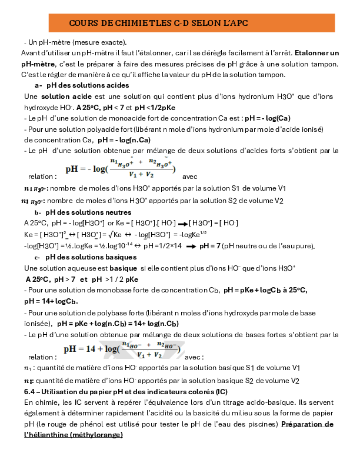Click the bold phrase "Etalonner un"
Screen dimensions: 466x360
point(317,53)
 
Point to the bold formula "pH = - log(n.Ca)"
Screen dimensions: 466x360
point(124,139)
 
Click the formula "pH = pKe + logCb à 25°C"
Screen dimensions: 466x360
point(266,290)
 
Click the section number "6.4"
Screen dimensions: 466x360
point(31,391)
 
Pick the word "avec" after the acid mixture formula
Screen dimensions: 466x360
point(191,176)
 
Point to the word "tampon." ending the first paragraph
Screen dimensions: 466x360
point(271,75)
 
